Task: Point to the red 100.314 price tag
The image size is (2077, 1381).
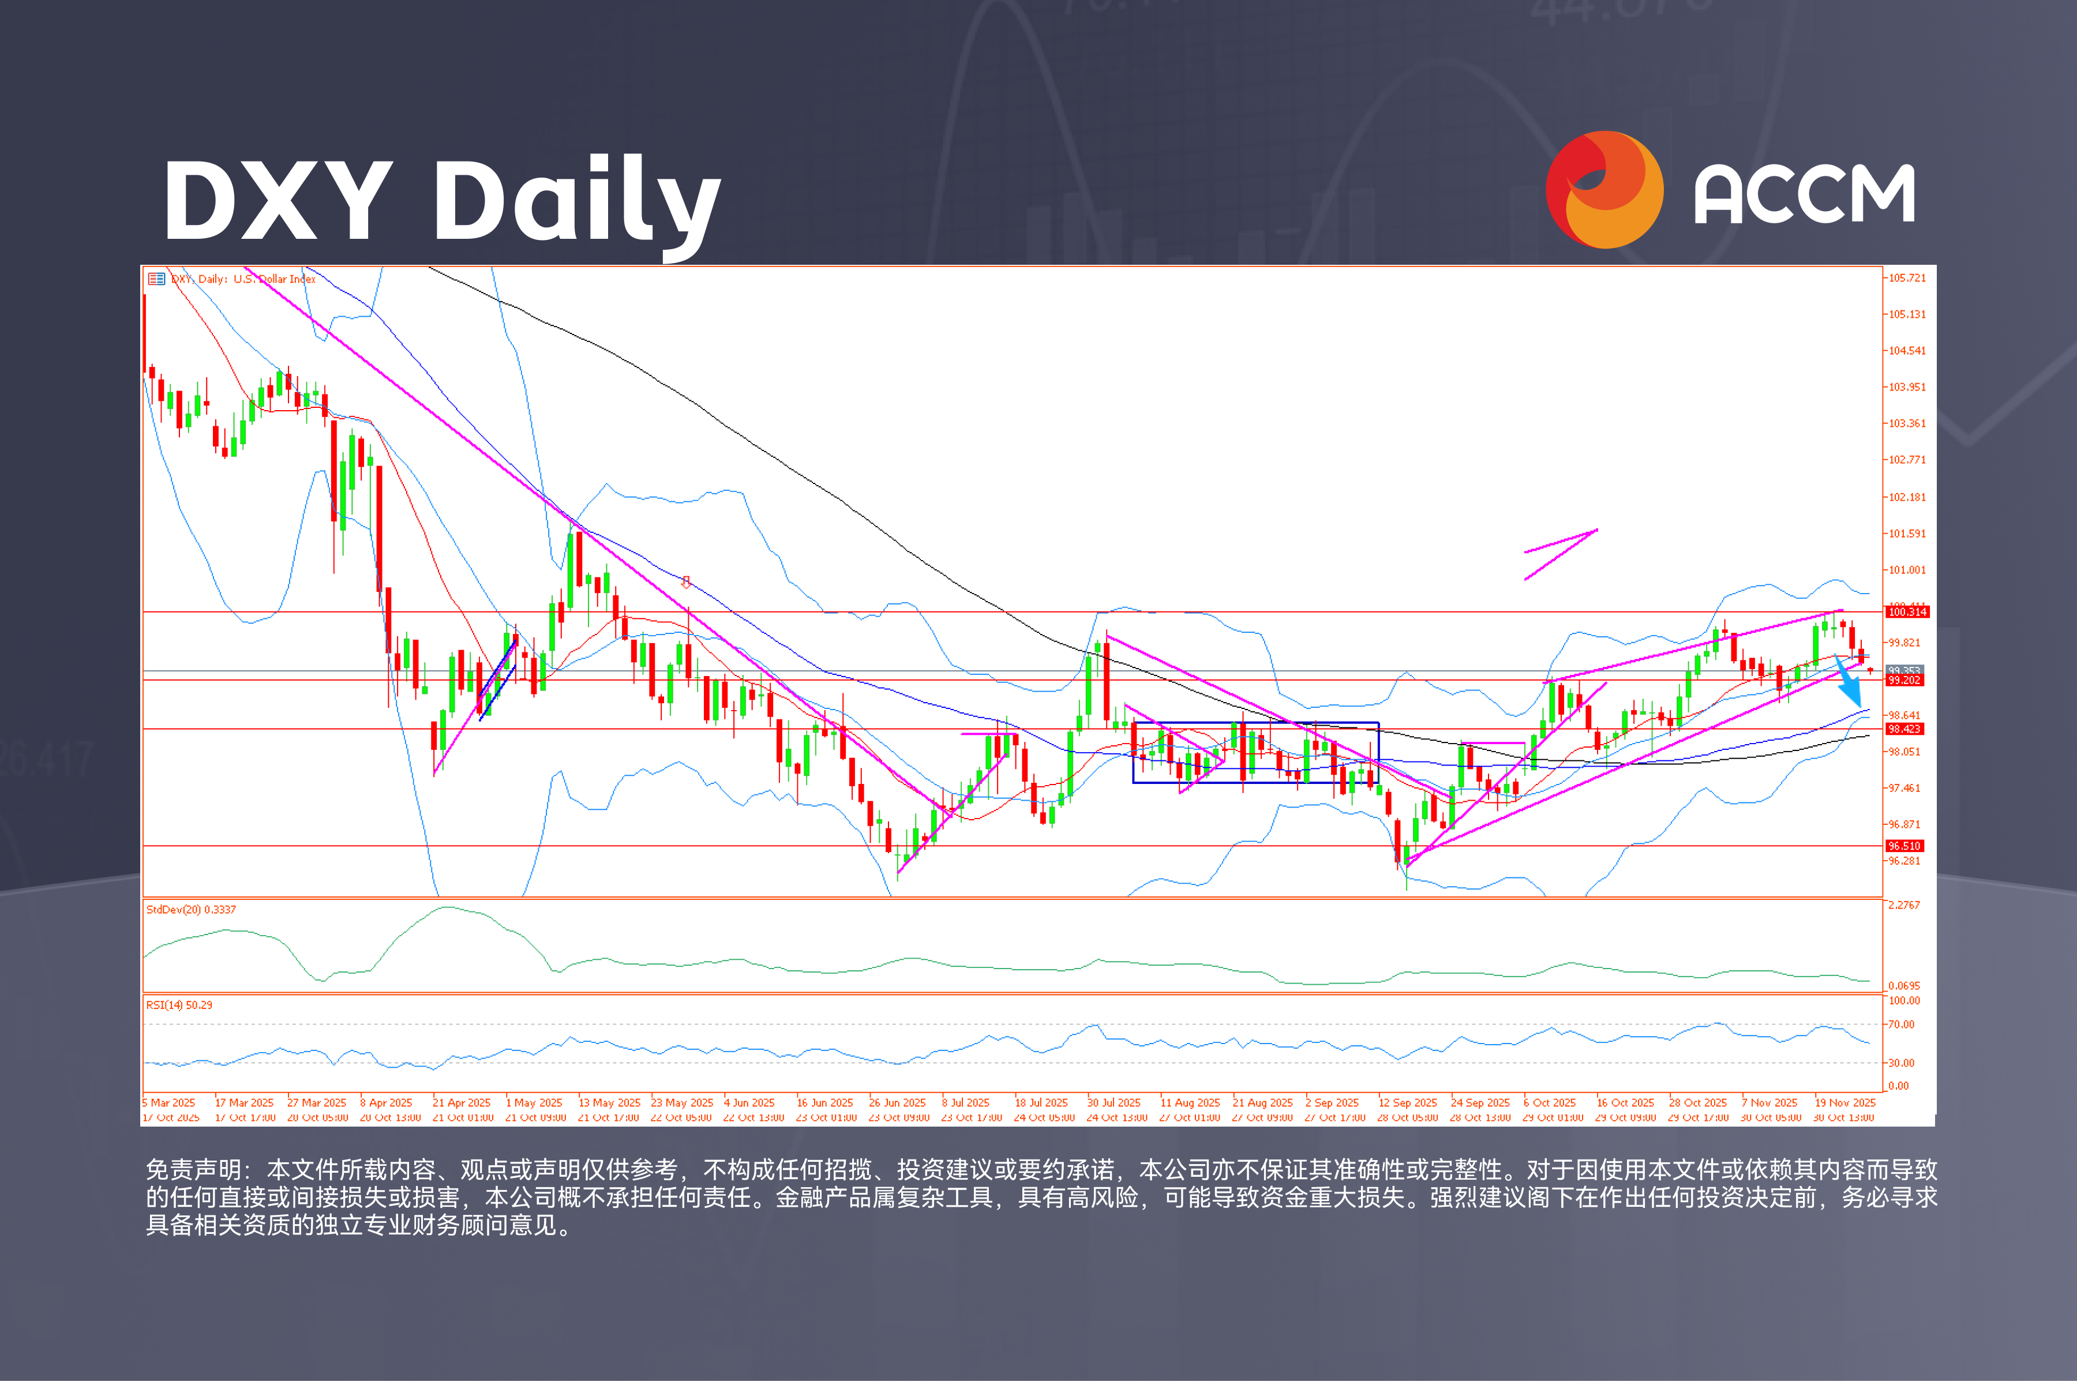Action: click(1907, 612)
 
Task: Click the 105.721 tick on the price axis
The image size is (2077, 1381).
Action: click(1907, 278)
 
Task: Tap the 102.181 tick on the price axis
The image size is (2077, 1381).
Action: click(1907, 497)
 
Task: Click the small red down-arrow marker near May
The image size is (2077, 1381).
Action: click(686, 582)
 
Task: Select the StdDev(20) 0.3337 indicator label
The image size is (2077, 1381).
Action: click(191, 910)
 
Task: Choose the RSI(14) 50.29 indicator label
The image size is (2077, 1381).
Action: click(179, 1005)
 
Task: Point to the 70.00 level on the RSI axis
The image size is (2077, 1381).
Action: click(1902, 1025)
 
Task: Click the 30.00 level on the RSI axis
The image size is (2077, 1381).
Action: click(1902, 1063)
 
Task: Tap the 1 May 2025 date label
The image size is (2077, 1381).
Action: click(534, 1103)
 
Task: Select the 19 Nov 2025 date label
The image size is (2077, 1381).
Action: click(1845, 1103)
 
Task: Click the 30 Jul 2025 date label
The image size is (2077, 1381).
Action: click(1114, 1103)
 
